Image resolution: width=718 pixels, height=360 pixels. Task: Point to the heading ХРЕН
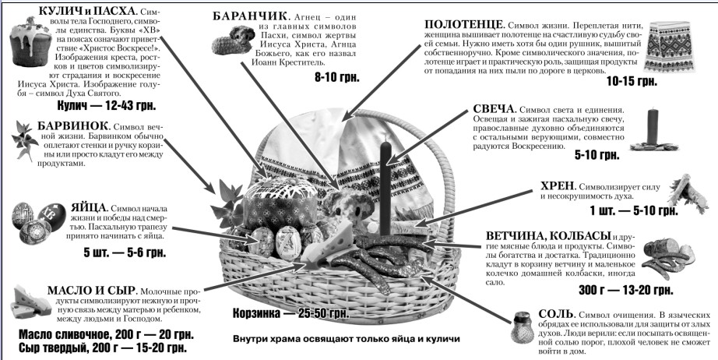(x=558, y=186)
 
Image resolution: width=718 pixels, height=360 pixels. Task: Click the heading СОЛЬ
(x=556, y=314)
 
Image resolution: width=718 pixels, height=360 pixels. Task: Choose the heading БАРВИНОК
(x=73, y=126)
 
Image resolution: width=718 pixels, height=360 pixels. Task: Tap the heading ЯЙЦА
(x=89, y=207)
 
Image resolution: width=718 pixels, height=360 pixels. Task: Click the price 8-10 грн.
(x=337, y=77)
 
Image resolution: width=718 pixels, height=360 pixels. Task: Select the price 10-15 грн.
(x=632, y=82)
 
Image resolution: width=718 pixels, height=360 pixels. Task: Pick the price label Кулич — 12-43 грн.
(x=106, y=106)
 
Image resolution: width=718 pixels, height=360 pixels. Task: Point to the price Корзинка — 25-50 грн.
(x=290, y=314)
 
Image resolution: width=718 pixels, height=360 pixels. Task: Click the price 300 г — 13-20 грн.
(x=625, y=290)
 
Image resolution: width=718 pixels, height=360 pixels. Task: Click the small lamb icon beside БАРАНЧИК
(x=233, y=40)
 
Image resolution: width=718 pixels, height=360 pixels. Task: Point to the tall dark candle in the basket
(x=386, y=188)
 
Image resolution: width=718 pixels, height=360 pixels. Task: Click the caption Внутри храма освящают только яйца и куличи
(x=347, y=340)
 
